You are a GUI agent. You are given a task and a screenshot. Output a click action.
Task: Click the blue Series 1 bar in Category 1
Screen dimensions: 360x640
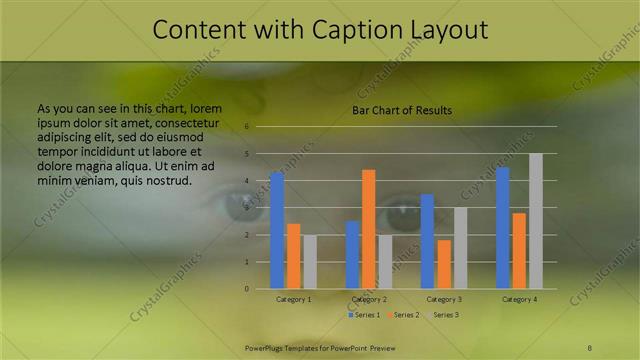277,231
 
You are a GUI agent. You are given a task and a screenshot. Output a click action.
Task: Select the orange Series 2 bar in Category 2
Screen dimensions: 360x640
368,229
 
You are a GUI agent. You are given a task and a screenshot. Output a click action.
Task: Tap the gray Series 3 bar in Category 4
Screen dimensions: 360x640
536,221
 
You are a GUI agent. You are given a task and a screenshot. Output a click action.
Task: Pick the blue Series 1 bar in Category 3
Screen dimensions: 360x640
427,241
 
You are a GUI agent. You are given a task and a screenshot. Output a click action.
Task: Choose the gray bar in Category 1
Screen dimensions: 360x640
310,262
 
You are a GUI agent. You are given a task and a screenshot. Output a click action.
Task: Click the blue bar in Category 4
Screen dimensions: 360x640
502,228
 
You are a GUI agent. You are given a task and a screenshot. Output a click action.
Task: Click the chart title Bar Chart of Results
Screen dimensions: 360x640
401,110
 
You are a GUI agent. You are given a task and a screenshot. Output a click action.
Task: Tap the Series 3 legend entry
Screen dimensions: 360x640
442,315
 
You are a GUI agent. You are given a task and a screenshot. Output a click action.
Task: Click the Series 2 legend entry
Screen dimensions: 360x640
402,315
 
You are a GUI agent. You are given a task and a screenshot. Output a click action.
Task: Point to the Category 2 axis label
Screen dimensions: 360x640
369,299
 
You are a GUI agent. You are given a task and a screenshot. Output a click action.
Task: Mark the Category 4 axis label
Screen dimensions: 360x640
519,299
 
